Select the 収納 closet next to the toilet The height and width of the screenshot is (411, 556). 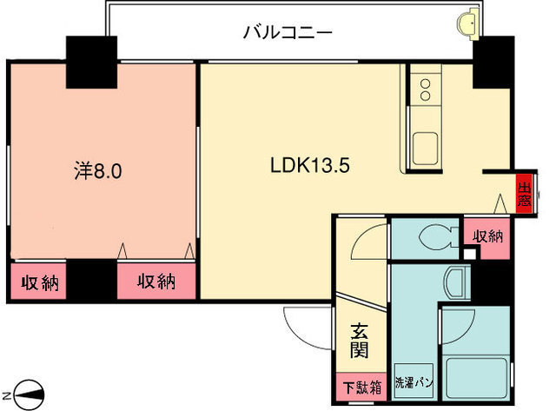click(x=486, y=235)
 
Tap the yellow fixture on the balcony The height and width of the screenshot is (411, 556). click(x=470, y=21)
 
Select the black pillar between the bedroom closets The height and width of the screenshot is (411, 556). click(x=92, y=281)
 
